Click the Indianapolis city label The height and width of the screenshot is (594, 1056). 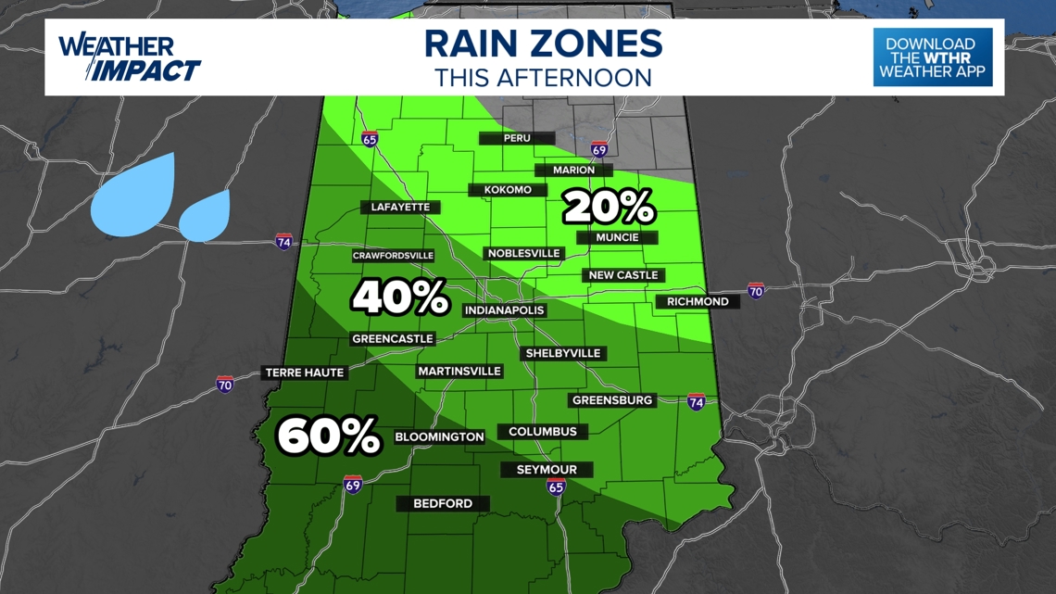pyautogui.click(x=504, y=310)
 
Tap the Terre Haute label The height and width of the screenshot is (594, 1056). pyautogui.click(x=305, y=373)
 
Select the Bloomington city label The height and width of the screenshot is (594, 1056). pyautogui.click(x=439, y=436)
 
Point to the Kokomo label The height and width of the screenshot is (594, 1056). pyautogui.click(x=508, y=190)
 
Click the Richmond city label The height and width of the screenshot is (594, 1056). pyautogui.click(x=698, y=301)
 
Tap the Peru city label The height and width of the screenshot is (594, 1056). pyautogui.click(x=517, y=138)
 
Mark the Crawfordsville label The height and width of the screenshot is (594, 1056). pyautogui.click(x=393, y=256)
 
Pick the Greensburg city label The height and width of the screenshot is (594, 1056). pyautogui.click(x=612, y=400)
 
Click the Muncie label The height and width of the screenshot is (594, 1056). pyautogui.click(x=617, y=237)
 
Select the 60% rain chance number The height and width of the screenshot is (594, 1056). pyautogui.click(x=329, y=436)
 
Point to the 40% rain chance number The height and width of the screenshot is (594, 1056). pyautogui.click(x=400, y=297)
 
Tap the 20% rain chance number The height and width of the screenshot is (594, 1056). pyautogui.click(x=609, y=208)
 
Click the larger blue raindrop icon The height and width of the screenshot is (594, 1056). pyautogui.click(x=134, y=192)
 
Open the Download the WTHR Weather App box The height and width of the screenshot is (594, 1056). pyautogui.click(x=932, y=57)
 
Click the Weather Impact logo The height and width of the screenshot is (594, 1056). pyautogui.click(x=130, y=57)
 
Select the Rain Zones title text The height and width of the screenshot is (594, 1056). pyautogui.click(x=544, y=44)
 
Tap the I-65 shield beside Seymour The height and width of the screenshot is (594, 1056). pyautogui.click(x=555, y=487)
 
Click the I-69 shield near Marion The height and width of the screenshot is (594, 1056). pyautogui.click(x=599, y=149)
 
